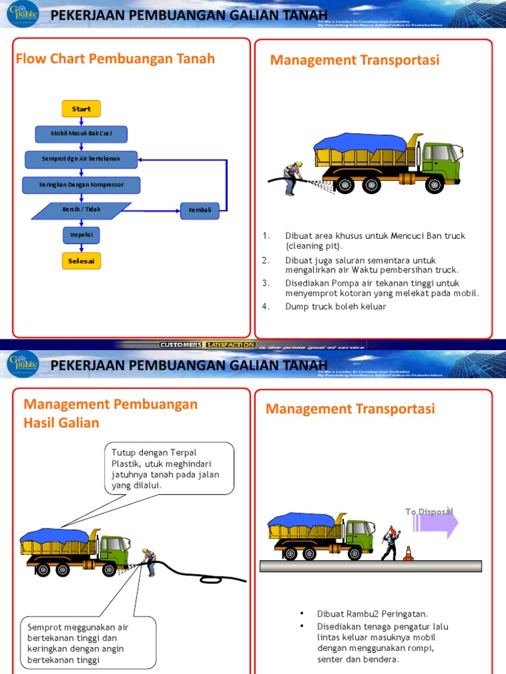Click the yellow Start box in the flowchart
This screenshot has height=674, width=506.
tap(81, 109)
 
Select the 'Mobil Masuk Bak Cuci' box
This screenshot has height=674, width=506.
tap(81, 134)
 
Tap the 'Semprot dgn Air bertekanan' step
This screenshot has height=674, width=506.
tap(81, 159)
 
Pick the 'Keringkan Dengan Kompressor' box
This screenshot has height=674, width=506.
tap(81, 185)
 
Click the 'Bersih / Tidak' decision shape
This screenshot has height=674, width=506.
tap(81, 210)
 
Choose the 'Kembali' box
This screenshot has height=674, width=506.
tap(200, 211)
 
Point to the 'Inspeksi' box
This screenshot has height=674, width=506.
tap(81, 235)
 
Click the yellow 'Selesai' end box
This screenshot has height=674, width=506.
tap(81, 261)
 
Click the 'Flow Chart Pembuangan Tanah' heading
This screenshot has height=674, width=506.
tap(115, 59)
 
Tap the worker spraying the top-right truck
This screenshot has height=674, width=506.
tap(291, 177)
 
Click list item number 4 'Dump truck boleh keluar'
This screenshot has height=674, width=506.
tap(335, 306)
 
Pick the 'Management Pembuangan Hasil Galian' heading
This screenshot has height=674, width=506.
tap(110, 413)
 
